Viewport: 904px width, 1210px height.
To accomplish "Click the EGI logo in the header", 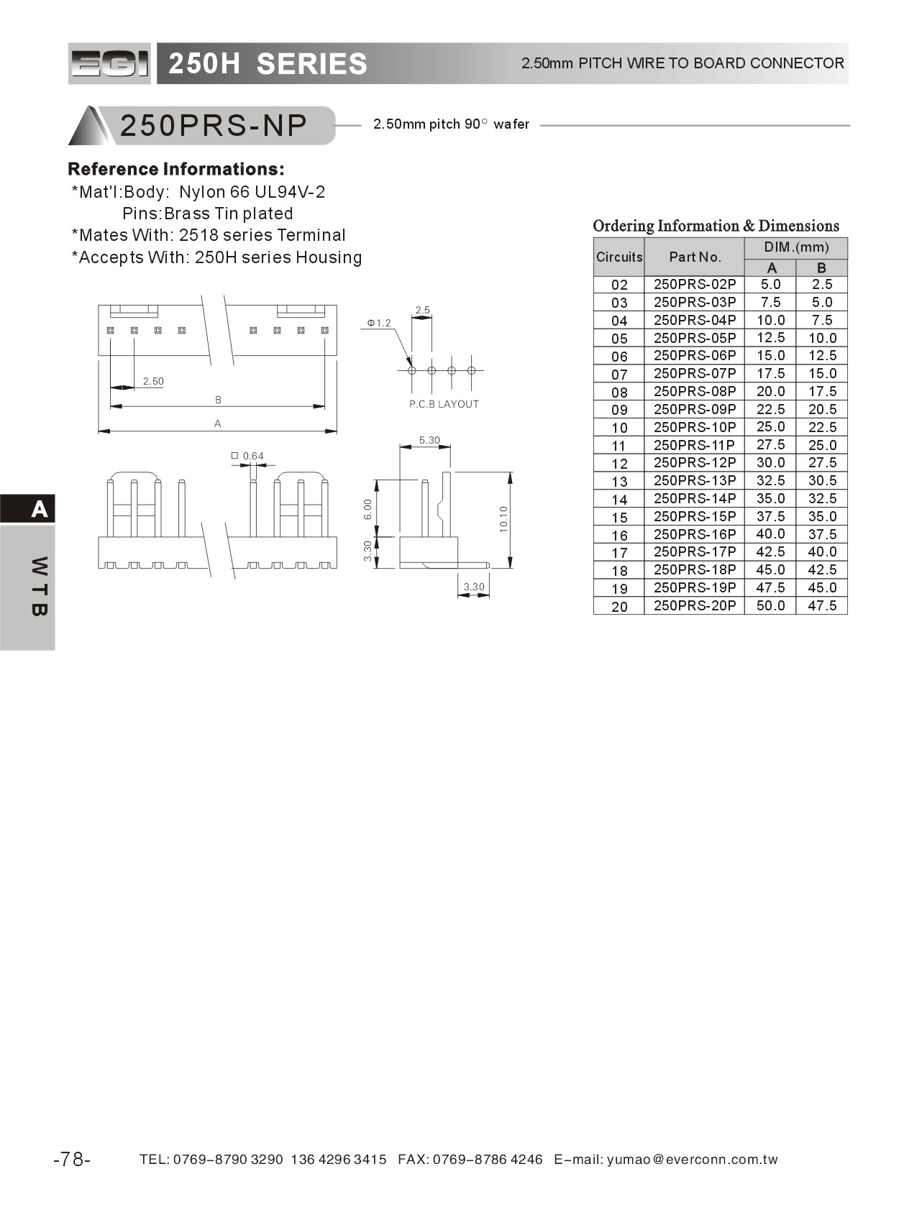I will point(109,64).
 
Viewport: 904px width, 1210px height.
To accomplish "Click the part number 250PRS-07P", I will point(694,373).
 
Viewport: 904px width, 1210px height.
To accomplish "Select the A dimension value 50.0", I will point(770,605).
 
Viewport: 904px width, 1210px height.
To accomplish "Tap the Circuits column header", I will point(619,257).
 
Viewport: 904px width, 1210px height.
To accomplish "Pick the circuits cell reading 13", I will point(619,481).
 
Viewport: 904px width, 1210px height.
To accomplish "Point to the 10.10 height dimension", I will point(503,518).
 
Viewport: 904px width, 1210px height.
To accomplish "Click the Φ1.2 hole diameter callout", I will point(379,323).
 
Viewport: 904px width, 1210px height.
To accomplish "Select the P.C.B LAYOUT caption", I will point(444,404).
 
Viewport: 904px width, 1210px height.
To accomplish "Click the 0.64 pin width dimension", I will point(252,456).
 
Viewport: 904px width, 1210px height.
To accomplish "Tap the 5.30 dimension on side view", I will point(429,440).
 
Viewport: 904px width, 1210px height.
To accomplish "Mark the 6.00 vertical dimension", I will point(368,509).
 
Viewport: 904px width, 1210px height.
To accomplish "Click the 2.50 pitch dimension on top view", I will point(153,381).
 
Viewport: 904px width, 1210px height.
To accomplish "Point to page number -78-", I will point(72,1160).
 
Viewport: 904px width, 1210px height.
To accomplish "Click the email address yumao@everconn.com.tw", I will point(692,1160).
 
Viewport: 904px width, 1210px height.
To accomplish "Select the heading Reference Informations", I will point(176,170).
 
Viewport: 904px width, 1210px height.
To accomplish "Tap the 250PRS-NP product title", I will point(214,126).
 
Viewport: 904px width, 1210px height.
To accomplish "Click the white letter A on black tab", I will point(40,509).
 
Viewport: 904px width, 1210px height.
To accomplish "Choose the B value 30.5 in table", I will point(822,480).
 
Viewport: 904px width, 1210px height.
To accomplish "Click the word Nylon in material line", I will point(202,192).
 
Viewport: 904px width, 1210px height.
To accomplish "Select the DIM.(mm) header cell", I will point(796,247).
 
